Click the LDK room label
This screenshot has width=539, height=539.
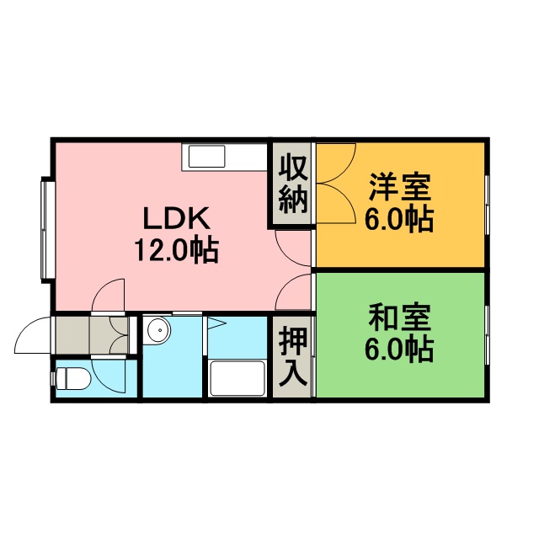(x=176, y=218)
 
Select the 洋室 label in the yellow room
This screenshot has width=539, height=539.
(x=400, y=187)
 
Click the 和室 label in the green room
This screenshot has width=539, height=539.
(x=400, y=318)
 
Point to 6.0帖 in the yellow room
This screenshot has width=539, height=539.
(x=398, y=219)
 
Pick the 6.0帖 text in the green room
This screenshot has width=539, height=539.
(x=398, y=350)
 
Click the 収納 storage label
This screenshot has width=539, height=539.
(x=292, y=184)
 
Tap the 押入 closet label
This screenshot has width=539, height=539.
(x=292, y=355)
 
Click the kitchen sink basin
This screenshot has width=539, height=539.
(x=206, y=157)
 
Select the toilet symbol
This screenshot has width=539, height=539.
(x=72, y=378)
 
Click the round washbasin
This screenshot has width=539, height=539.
(x=159, y=330)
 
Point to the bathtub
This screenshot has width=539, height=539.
(x=237, y=378)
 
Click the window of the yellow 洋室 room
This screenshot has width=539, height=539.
(x=487, y=205)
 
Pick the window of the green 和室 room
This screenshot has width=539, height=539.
(x=487, y=335)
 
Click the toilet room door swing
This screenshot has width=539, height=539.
(x=108, y=376)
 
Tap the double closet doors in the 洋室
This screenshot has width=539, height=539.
(x=336, y=184)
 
